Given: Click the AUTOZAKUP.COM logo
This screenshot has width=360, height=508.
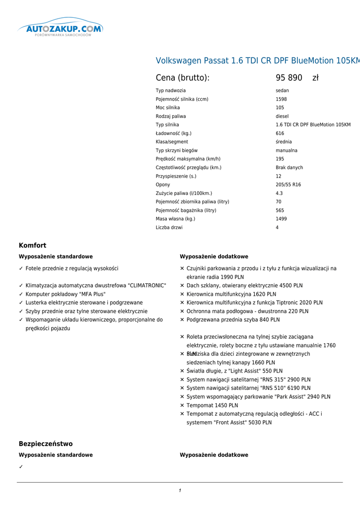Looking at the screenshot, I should tap(61, 30).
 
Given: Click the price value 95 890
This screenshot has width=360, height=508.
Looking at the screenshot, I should tap(289, 78).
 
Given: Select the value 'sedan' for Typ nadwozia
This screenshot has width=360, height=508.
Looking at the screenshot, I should tap(282, 91).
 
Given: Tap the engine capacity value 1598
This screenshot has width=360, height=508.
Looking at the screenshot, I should tap(281, 99).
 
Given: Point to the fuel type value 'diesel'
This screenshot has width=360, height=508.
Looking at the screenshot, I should tap(282, 117).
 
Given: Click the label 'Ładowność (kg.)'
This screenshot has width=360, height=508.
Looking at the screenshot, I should tap(173, 133).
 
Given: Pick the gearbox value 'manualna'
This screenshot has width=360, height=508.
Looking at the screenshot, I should tap(287, 150).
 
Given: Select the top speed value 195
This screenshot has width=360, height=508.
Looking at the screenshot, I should tap(280, 159).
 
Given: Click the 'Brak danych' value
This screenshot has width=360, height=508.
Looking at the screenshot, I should tap(289, 168).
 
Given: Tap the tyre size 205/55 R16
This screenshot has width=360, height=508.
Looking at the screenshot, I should tap(288, 185).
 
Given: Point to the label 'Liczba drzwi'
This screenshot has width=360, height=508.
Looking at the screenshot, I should tap(169, 228).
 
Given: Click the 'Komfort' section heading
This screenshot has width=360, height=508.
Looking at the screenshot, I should tap(32, 246).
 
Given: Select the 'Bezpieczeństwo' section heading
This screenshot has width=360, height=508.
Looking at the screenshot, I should tap(46, 444).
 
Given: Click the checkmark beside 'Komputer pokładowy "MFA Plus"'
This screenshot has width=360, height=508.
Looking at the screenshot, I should tap(21, 294).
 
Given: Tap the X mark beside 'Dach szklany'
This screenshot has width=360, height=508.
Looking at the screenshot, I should tap(182, 286).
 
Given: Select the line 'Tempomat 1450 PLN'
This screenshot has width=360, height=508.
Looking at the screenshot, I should tap(212, 405).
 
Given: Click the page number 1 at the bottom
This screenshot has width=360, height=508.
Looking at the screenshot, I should tap(180, 491).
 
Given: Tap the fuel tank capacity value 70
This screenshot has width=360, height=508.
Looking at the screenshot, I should tap(279, 202).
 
